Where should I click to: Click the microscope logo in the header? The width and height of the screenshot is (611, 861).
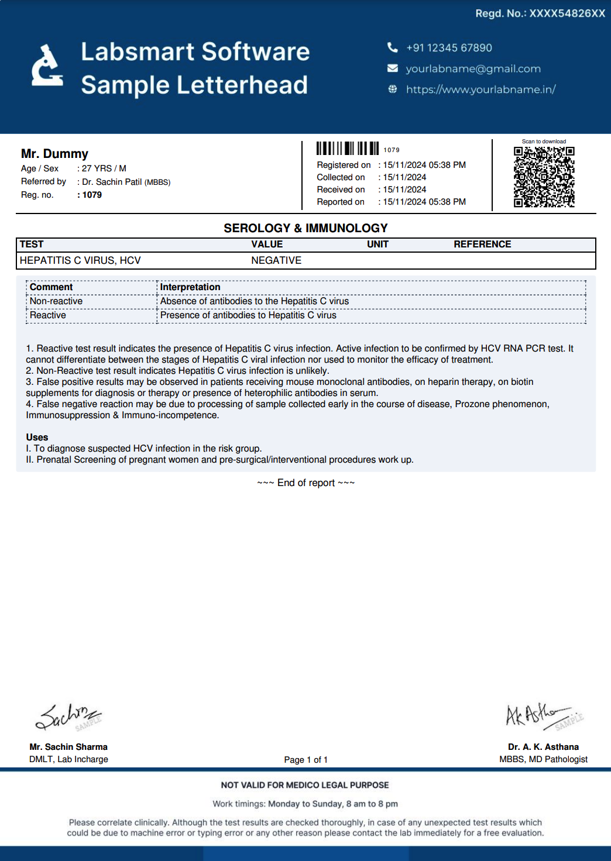[47, 66]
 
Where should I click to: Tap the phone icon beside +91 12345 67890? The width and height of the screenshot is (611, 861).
[393, 47]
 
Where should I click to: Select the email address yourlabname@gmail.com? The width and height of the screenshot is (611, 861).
[473, 69]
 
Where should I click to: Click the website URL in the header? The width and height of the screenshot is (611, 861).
[480, 89]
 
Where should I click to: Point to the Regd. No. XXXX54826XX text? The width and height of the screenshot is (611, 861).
[540, 13]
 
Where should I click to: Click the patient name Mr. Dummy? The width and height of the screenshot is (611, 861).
[54, 154]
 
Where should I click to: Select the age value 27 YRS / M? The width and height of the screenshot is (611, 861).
[104, 168]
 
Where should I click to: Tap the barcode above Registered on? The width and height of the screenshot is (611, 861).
[348, 149]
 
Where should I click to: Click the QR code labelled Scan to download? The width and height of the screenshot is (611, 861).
[544, 177]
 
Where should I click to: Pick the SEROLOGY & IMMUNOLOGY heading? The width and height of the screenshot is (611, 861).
[305, 228]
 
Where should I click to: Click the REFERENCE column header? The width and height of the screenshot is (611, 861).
[482, 244]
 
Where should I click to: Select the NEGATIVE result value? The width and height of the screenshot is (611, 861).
[276, 260]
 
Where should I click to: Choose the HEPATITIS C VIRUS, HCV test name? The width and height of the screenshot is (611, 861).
[80, 260]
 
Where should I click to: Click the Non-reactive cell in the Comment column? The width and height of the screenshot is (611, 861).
[56, 301]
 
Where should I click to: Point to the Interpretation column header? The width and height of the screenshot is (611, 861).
[190, 287]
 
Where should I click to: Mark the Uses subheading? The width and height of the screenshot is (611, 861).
[37, 438]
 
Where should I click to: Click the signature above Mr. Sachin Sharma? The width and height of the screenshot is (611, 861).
[67, 717]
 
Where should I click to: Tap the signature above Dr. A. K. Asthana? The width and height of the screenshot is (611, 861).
[542, 716]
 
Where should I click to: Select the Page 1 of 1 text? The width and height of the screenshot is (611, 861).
[305, 760]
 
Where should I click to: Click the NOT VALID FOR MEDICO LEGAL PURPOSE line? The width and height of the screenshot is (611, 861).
[305, 785]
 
